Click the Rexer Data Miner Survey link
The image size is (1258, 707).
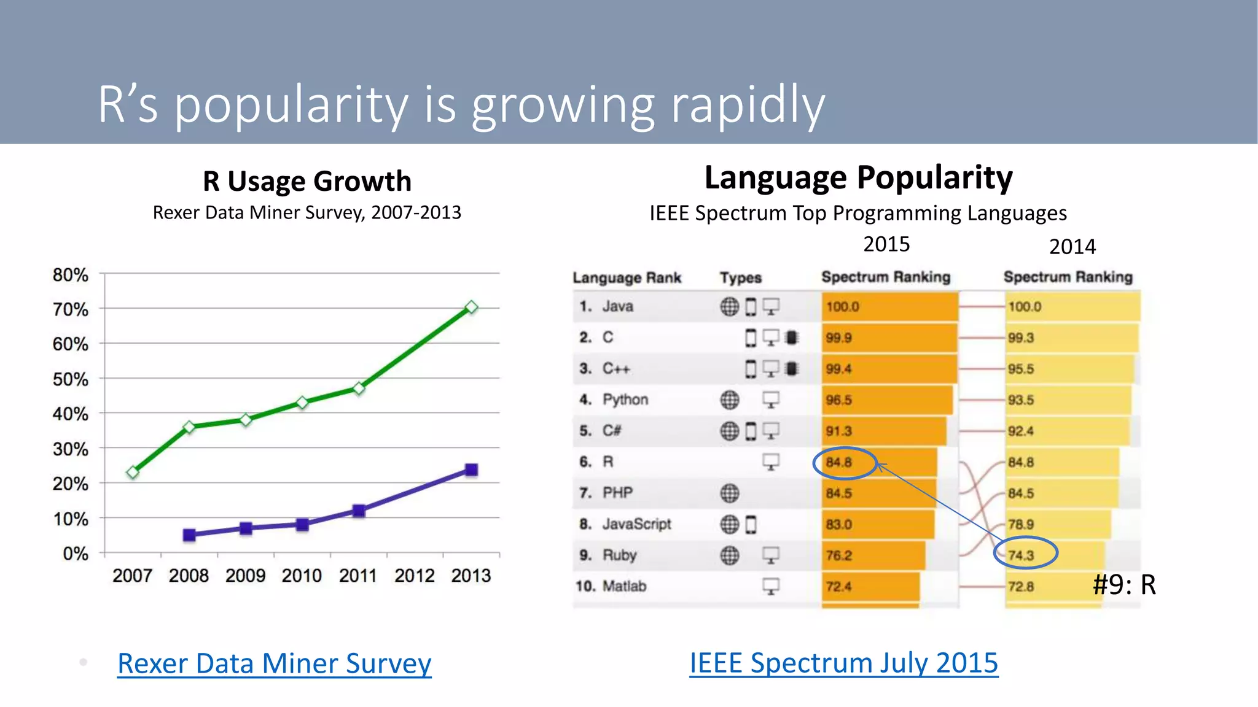coord(274,663)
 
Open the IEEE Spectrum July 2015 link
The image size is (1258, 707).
coord(843,663)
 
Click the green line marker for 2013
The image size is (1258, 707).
coord(471,307)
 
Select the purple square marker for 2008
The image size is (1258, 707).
coord(189,535)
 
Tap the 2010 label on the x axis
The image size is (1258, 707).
coord(302,576)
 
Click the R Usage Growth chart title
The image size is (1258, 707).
coord(307,181)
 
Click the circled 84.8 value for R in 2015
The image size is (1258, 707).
coord(839,462)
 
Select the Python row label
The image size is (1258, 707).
coord(625,400)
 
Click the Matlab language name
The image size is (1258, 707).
coord(624,586)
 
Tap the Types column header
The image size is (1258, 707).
coord(740,278)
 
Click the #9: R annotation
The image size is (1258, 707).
coord(1124,584)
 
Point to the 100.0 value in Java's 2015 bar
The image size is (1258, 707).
coord(842,306)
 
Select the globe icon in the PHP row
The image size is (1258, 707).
coord(729,493)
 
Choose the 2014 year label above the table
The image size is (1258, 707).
coord(1072,247)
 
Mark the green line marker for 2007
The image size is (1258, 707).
coord(133,472)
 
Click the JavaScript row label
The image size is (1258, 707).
coord(636,524)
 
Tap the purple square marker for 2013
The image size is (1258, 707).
coord(471,470)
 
